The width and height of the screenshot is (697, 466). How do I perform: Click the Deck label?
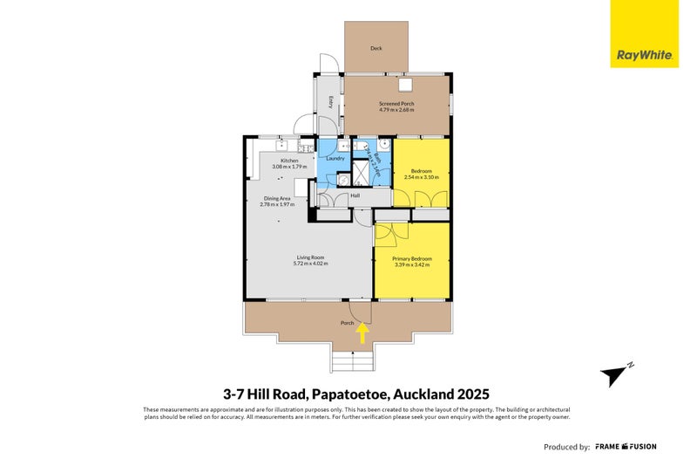376,49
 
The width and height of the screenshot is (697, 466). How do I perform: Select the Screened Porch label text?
396,104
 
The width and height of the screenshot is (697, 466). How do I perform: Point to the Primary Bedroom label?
412,258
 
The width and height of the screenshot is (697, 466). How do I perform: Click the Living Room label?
310,257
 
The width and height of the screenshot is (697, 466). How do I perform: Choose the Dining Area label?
278,198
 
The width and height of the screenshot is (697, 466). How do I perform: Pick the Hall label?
355,195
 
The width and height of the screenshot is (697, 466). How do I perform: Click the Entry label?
331,102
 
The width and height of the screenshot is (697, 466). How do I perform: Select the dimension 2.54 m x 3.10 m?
422,177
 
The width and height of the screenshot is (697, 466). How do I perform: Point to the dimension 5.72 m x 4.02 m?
310,264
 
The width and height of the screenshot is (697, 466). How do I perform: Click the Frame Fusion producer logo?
626,447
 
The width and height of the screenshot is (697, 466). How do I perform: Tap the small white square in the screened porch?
405,86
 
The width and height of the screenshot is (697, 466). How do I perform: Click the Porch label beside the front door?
347,323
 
